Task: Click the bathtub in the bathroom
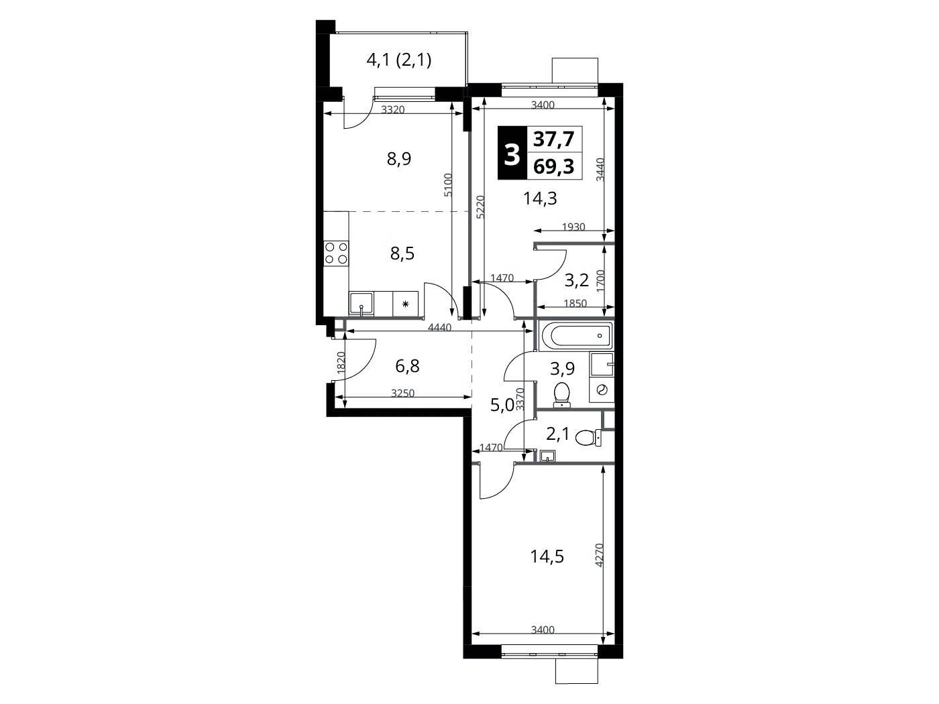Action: pos(575,335)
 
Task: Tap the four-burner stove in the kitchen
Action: pos(336,253)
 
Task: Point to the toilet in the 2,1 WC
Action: pos(589,437)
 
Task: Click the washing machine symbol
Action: pos(602,390)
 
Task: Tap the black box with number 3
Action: pos(512,153)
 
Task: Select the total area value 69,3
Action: pos(553,166)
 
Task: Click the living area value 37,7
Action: pos(553,139)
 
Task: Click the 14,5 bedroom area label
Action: pos(547,556)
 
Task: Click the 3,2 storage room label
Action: pos(577,280)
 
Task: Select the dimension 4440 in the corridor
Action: pos(440,327)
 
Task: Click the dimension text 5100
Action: pos(448,184)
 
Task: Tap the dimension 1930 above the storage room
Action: pos(573,227)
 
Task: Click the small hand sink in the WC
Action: pos(547,456)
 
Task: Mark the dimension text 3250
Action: pos(402,393)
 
